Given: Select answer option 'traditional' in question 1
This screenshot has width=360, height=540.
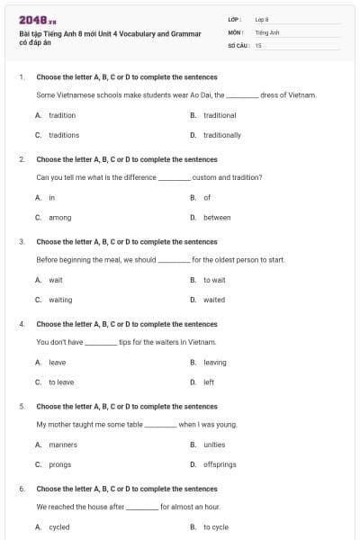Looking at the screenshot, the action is [x=220, y=115].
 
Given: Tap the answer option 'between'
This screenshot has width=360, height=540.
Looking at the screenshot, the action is [x=217, y=217].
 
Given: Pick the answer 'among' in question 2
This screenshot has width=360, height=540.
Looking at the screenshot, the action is [x=59, y=217].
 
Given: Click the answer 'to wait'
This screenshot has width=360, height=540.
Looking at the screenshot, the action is [x=214, y=280].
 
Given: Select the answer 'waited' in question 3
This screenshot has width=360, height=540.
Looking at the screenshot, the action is [x=214, y=300].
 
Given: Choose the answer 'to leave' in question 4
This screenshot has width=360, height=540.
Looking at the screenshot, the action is [x=61, y=382].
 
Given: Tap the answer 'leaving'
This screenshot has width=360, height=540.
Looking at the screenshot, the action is [x=215, y=362].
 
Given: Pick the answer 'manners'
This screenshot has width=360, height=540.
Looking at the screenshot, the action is [x=63, y=445].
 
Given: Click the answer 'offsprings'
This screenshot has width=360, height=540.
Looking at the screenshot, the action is [x=220, y=464].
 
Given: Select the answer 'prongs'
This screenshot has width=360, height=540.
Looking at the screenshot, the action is [x=59, y=464].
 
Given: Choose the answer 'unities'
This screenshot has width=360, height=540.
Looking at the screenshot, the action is [x=214, y=445].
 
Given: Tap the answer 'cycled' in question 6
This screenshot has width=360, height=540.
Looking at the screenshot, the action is [x=58, y=526].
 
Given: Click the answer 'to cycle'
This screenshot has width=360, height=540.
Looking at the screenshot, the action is [x=216, y=526].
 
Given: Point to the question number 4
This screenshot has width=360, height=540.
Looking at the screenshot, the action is [x=22, y=324].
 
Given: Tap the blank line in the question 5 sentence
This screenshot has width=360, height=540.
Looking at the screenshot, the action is [x=161, y=425].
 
